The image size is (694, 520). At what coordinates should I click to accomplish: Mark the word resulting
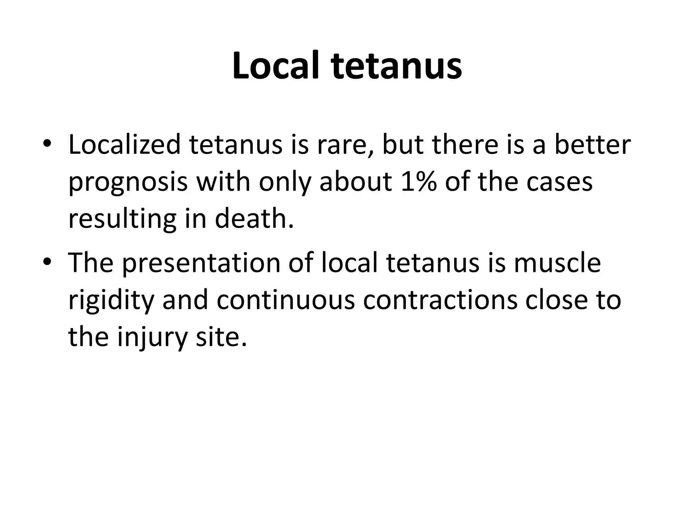[122, 219]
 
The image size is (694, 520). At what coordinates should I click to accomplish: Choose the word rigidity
[111, 301]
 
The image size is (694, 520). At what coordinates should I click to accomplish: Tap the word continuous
[285, 301]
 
